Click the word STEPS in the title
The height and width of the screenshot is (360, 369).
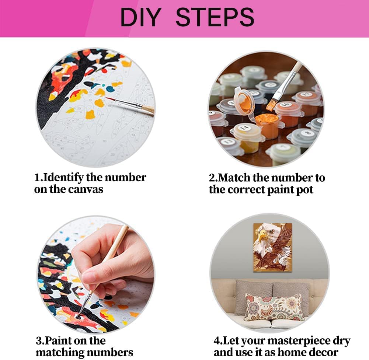[215, 17]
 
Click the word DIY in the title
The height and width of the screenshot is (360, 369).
[141, 17]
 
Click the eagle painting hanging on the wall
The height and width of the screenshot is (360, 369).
[272, 247]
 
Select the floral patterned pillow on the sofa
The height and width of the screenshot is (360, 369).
[274, 307]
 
